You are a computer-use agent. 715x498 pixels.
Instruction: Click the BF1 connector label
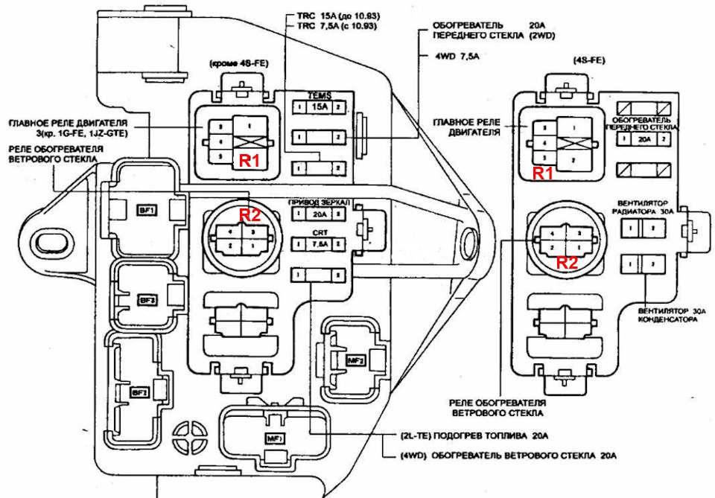pyautogui.click(x=144, y=211)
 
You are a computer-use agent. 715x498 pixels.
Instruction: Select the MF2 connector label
pyautogui.click(x=356, y=360)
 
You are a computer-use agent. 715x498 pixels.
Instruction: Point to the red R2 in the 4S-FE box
pyautogui.click(x=568, y=262)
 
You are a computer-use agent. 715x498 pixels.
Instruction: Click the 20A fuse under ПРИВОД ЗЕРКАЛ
pyautogui.click(x=320, y=214)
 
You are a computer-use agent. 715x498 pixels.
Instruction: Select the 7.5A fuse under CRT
pyautogui.click(x=320, y=243)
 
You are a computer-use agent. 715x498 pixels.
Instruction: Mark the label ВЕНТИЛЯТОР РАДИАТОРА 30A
pyautogui.click(x=646, y=207)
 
